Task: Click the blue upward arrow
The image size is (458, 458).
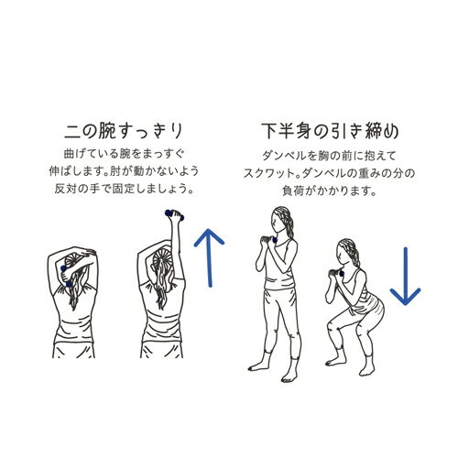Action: click(210, 258)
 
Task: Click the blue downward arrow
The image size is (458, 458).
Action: click(406, 277)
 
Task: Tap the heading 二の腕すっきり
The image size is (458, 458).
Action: click(124, 132)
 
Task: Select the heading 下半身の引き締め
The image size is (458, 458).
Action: click(330, 131)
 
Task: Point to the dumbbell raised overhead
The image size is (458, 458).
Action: click(175, 214)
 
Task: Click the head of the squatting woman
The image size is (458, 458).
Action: click(347, 253)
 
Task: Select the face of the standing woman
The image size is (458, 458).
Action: click(278, 221)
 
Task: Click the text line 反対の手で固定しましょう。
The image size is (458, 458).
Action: click(125, 189)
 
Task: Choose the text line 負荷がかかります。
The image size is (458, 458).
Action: click(330, 191)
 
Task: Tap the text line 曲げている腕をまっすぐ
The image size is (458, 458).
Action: click(125, 154)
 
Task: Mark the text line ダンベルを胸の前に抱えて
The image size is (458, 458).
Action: click(329, 156)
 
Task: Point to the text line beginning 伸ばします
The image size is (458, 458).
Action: click(124, 171)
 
